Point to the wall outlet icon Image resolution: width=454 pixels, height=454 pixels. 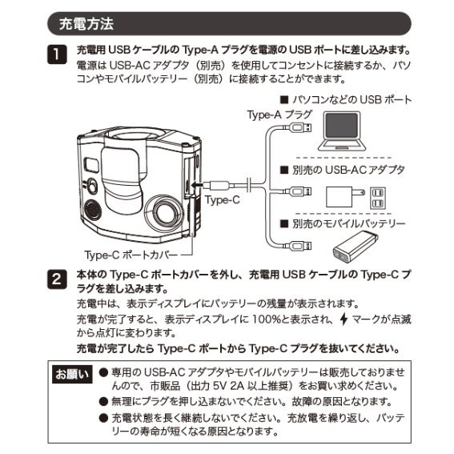click(378, 197)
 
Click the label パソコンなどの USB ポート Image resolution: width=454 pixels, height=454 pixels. click(346, 100)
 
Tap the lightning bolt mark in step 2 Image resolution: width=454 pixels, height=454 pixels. click(345, 319)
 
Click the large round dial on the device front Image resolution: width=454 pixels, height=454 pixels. click(168, 213)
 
